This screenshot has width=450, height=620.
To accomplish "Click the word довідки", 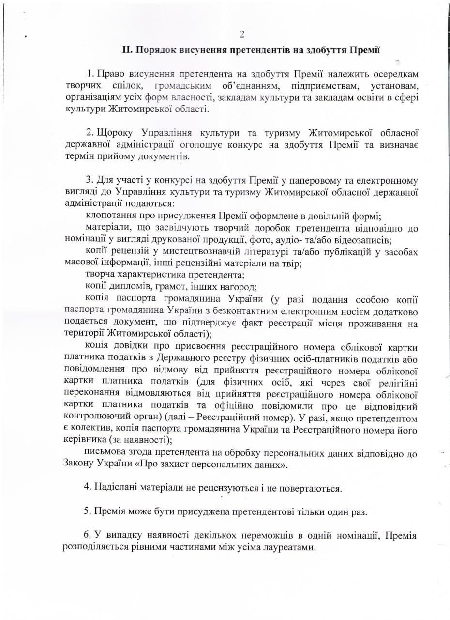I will point(135,346).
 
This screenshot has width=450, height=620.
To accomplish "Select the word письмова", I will point(107,453).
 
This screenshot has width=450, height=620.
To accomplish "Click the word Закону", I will point(79,465).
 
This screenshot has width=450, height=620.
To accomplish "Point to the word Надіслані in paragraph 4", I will point(116,488).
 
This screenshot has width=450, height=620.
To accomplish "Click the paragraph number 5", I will point(87,511).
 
